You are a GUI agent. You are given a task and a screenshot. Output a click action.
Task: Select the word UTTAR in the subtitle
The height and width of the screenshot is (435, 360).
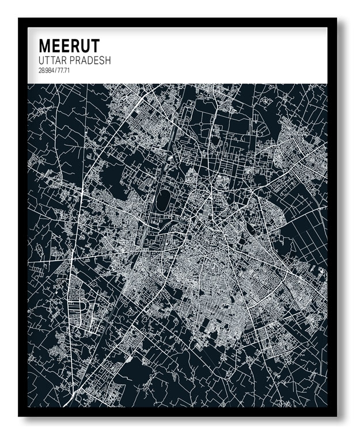(52, 60)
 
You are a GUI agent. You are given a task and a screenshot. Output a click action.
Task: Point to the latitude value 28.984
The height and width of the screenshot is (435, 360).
(46, 71)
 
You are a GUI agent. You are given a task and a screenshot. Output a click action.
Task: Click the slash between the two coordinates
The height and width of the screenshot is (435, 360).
(55, 71)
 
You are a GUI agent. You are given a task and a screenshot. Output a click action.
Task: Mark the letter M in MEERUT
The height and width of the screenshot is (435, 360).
(44, 46)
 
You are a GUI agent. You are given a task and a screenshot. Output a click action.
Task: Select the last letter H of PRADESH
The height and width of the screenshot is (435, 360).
(108, 60)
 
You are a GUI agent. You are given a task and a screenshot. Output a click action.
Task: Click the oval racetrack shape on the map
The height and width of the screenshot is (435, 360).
(164, 200)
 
